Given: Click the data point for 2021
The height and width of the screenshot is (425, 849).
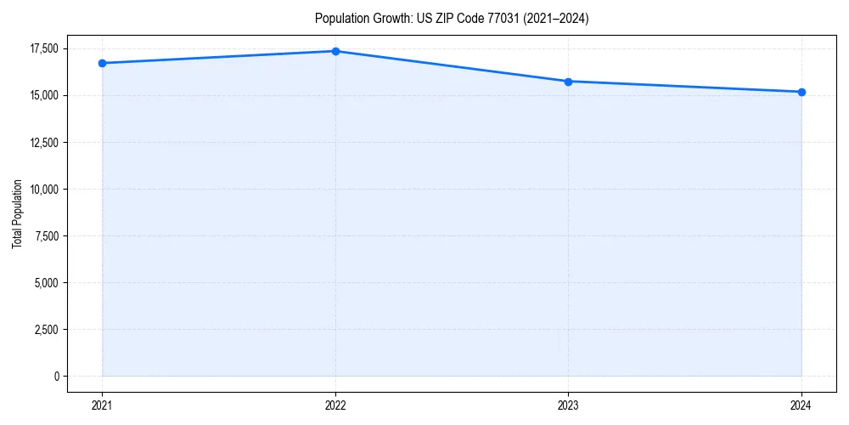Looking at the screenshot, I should (102, 63).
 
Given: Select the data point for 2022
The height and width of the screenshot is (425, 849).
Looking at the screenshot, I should (335, 51).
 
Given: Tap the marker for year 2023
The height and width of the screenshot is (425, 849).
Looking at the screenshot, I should (568, 82).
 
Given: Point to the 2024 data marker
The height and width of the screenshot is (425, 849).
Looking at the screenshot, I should (801, 92).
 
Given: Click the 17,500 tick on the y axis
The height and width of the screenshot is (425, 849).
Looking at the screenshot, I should (42, 48).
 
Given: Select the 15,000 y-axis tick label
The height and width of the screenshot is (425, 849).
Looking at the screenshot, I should (42, 95).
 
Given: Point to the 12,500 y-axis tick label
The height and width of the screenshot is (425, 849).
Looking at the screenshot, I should (42, 142).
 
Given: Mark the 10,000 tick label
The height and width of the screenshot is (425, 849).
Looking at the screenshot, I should (42, 189).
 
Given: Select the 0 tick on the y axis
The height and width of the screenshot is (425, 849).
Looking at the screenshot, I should (56, 376).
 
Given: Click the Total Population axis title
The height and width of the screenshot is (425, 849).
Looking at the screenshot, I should (18, 213).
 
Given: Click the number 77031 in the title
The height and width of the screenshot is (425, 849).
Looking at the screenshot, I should (501, 19).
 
